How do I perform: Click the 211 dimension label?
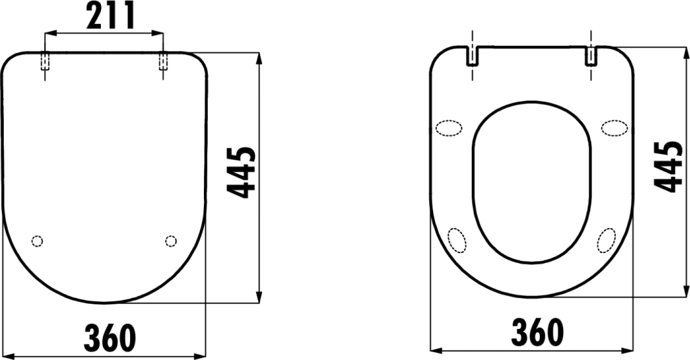[x=111, y=15]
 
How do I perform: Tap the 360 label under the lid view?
[x=110, y=337]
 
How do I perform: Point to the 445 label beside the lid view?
[x=241, y=172]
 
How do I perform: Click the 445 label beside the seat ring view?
[x=669, y=167]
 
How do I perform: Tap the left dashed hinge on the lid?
[x=45, y=61]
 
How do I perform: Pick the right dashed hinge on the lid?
[x=163, y=61]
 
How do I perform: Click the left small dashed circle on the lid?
[x=38, y=241]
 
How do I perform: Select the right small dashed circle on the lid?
[x=171, y=241]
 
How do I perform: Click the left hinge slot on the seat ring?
[x=472, y=56]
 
